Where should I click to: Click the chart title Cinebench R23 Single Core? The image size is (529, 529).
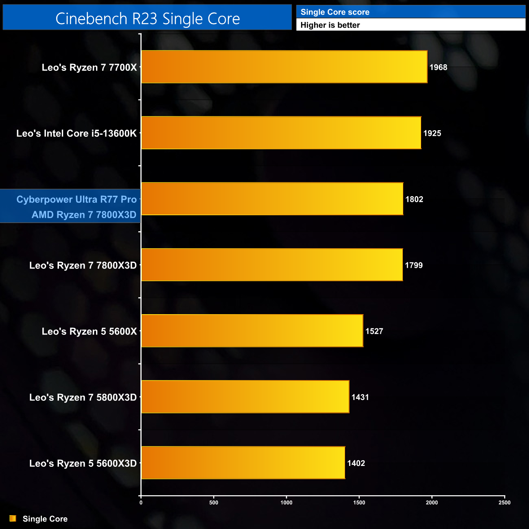tap(147, 19)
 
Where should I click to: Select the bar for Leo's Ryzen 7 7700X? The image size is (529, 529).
tap(284, 67)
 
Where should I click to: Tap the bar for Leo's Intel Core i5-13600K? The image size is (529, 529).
tap(281, 133)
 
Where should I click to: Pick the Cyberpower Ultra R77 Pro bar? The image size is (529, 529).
tap(272, 199)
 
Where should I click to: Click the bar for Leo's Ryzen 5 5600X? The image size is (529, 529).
tap(252, 330)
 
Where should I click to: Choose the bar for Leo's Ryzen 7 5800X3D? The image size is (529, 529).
tap(245, 397)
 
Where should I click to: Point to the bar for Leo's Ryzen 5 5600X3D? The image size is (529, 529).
tap(243, 463)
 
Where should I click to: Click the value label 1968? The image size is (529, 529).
tap(438, 68)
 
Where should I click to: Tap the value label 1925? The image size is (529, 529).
tap(432, 133)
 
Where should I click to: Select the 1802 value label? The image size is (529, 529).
tap(414, 199)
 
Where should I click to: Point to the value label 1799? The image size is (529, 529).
tap(414, 265)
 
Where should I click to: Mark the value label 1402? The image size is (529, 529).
tap(356, 463)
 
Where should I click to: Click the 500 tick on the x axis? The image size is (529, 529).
tap(214, 503)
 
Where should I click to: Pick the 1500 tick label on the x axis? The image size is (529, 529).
tap(359, 503)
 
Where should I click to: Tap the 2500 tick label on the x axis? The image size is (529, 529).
tap(505, 503)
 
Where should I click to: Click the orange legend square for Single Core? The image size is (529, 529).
tap(13, 518)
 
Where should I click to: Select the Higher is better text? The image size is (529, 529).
tap(330, 25)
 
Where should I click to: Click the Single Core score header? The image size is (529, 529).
tap(335, 12)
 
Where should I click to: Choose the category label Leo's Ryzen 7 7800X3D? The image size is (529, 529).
tap(83, 266)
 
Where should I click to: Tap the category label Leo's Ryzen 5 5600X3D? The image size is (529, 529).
tap(83, 463)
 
